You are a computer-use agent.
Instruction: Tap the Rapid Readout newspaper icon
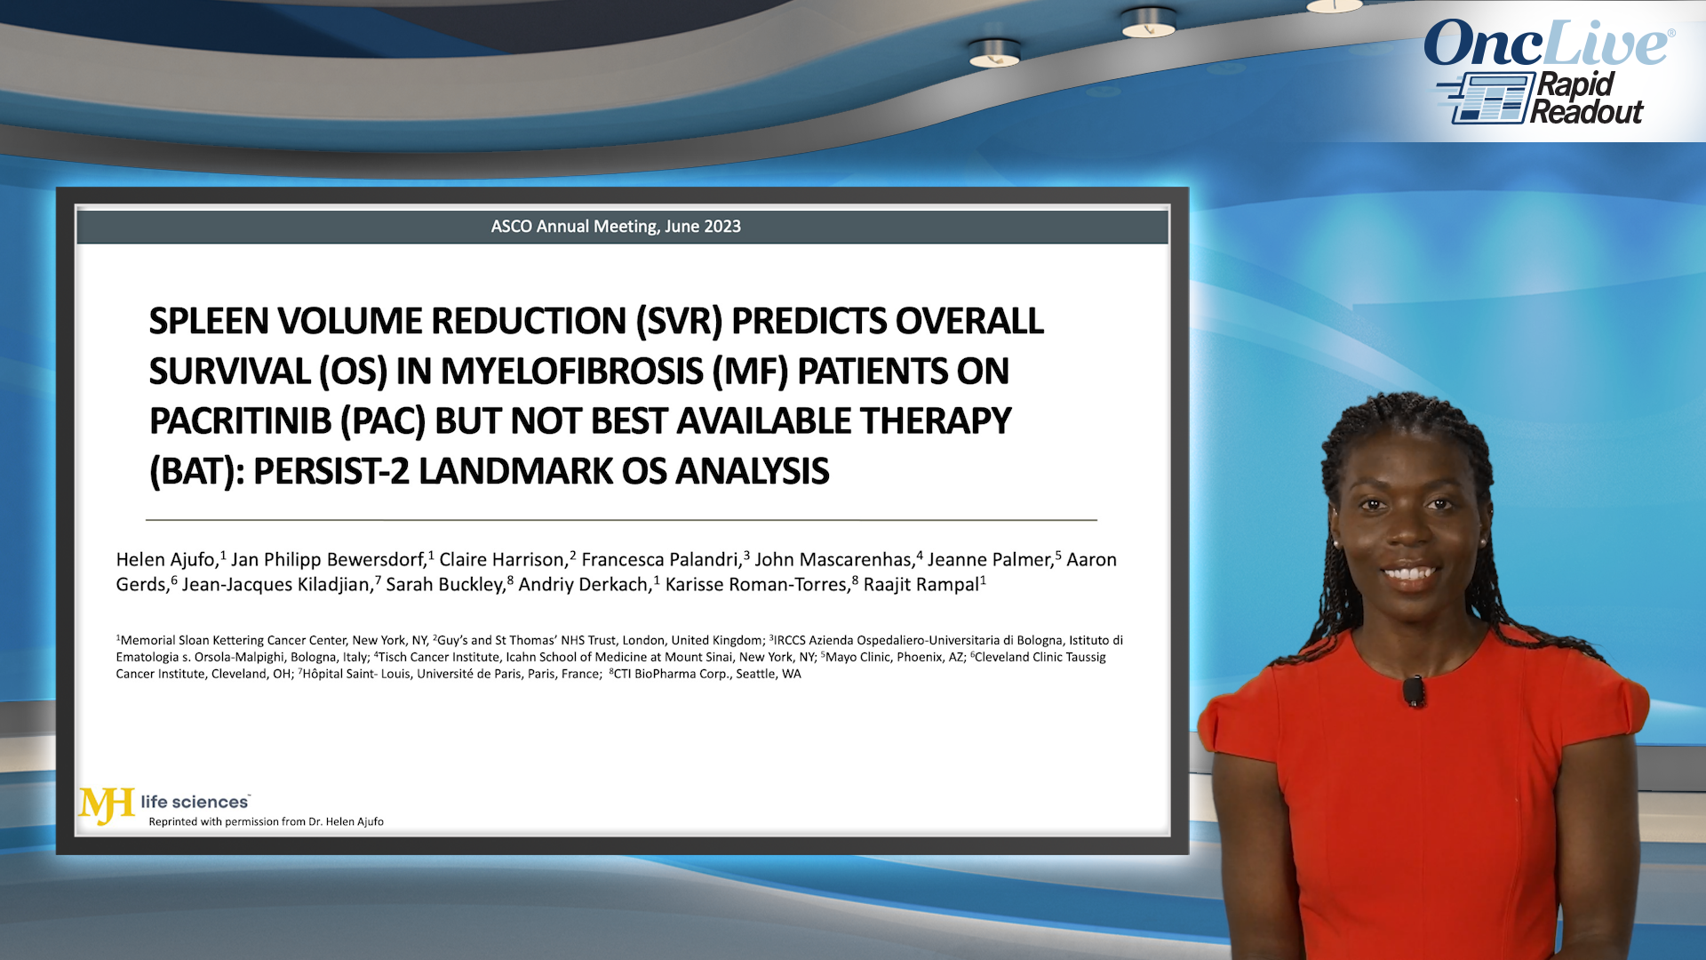1487,98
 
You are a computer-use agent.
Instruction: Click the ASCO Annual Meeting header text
616,227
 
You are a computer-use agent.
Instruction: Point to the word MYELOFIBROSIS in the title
571,372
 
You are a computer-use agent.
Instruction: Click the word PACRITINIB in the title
240,421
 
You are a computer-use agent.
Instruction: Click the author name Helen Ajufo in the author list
166,560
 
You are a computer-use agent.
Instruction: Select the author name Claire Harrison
502,560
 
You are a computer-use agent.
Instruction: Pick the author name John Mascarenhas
833,560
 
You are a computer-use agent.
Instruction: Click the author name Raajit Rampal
921,585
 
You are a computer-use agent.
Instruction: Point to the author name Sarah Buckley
445,585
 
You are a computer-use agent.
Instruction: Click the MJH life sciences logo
164,804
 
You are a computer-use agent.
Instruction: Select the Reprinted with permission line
266,821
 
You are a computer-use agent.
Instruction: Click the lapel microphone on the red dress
1413,691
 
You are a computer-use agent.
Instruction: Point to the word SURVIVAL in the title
229,372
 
